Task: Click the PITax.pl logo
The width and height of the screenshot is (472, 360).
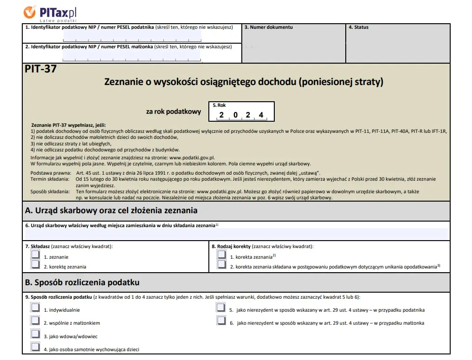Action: [50, 12]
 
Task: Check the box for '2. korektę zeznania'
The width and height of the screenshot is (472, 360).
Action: [35, 265]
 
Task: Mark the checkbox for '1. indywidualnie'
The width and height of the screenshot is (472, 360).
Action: [35, 308]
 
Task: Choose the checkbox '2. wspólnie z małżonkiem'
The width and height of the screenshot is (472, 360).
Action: [35, 321]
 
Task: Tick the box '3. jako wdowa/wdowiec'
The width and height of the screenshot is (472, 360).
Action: [35, 334]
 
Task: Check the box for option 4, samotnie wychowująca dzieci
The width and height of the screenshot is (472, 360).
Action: [35, 347]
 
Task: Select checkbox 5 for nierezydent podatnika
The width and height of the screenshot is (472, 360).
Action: [221, 308]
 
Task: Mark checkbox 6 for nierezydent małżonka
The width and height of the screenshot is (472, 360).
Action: [221, 321]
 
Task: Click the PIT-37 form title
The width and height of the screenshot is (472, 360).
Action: [41, 70]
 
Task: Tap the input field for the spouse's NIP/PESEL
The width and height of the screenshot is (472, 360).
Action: [131, 56]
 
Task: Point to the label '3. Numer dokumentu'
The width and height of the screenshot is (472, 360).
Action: [269, 27]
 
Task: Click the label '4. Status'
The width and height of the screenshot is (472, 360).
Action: [358, 27]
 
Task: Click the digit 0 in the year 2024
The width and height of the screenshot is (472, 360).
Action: [235, 115]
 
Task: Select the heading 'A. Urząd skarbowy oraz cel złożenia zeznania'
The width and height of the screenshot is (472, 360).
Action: [111, 210]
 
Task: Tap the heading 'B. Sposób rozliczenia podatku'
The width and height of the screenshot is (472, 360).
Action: [82, 282]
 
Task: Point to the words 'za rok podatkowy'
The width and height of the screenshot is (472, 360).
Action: [174, 111]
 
